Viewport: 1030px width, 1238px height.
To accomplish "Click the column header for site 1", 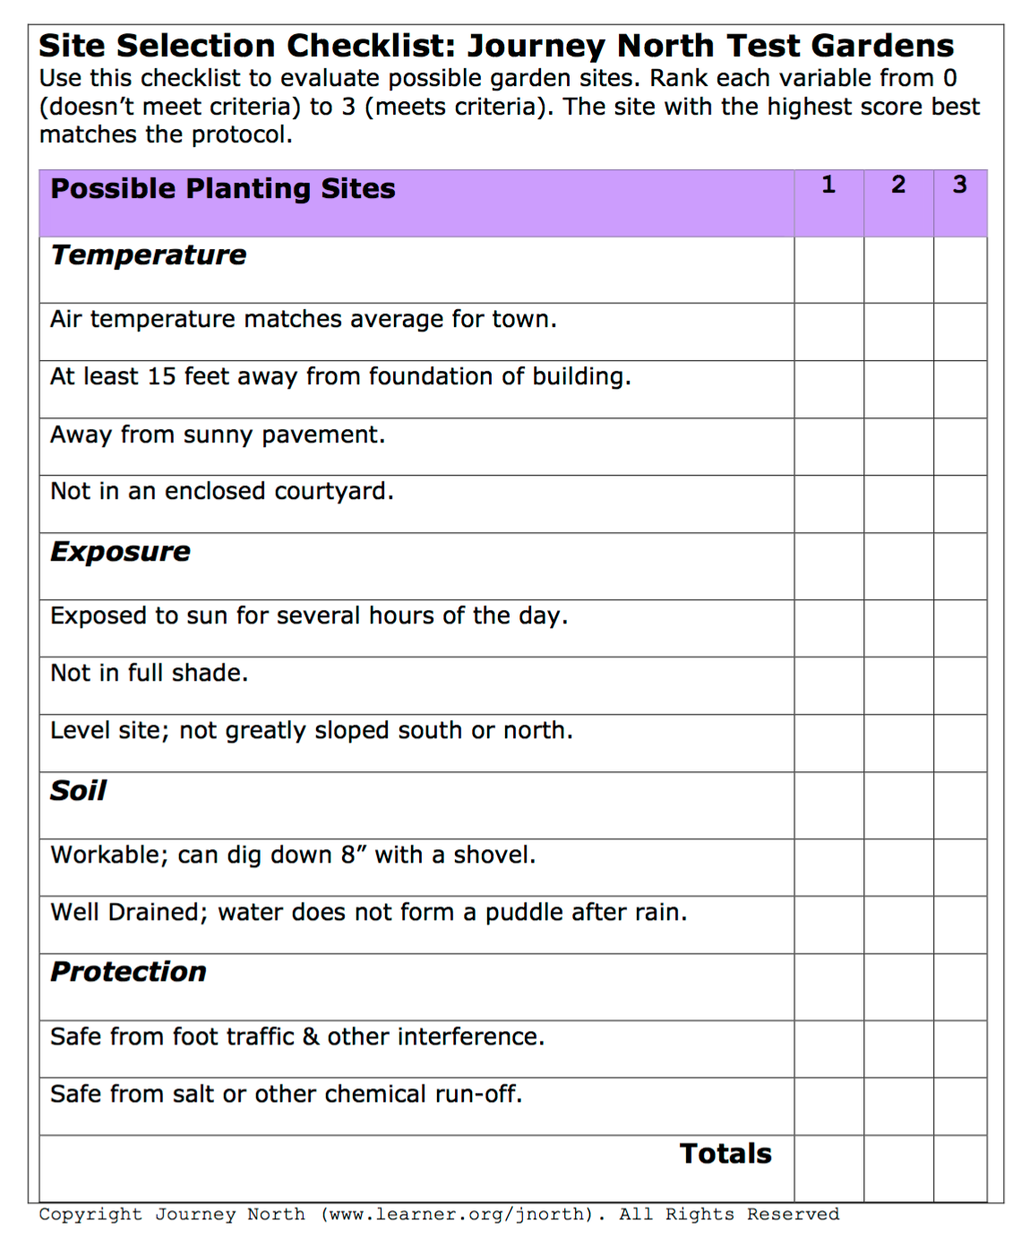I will click(828, 185).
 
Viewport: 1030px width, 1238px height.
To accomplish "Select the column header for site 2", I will click(898, 185).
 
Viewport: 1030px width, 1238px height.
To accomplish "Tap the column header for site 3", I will click(959, 185).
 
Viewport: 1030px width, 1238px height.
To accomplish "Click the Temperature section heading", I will click(149, 255).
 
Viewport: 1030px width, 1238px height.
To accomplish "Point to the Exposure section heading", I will click(121, 552).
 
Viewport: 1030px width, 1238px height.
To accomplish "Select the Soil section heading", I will click(79, 791).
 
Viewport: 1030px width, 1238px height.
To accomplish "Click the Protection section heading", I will click(129, 972).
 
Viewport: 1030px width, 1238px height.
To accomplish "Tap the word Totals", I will click(725, 1154).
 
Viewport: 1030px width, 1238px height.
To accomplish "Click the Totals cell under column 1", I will click(828, 1168).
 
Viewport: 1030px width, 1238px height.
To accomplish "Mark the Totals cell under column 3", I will click(959, 1168).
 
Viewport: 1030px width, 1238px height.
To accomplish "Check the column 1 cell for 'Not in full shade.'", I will click(828, 685).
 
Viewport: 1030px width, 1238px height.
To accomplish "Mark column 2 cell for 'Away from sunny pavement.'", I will click(898, 446).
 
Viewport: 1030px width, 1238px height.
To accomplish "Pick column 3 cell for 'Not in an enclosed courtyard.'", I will click(959, 503).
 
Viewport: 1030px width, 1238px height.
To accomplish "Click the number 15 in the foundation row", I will click(161, 377).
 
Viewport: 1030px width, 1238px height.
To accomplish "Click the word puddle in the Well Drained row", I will click(524, 913).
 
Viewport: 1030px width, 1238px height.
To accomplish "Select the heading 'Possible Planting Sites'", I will click(223, 189).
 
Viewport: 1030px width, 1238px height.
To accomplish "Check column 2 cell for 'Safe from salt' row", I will click(898, 1106).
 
